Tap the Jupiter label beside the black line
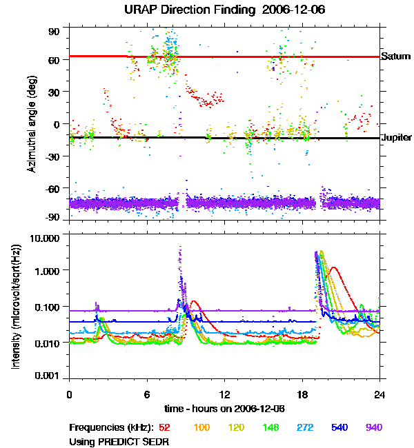pyautogui.click(x=396, y=138)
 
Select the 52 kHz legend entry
pyautogui.click(x=164, y=427)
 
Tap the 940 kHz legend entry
pyautogui.click(x=373, y=427)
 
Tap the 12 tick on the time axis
pyautogui.click(x=224, y=394)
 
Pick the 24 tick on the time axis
pyautogui.click(x=379, y=394)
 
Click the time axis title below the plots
pyautogui.click(x=224, y=407)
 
